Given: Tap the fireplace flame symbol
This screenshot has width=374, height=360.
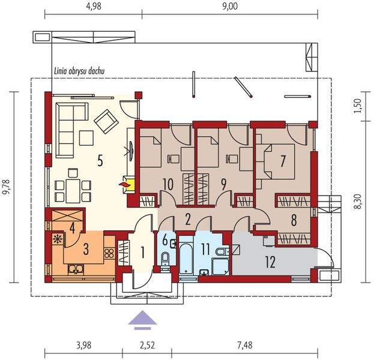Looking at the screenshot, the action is point(122,184).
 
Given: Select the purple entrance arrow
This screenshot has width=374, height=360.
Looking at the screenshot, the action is point(142,320).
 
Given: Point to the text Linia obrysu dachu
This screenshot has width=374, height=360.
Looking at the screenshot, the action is point(79,71).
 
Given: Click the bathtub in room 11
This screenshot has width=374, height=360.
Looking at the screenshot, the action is point(186,259).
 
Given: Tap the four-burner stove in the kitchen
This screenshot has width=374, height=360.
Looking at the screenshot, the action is point(109,253).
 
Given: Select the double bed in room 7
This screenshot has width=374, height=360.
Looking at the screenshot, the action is point(279,161).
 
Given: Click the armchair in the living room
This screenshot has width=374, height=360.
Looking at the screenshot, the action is point(106,121).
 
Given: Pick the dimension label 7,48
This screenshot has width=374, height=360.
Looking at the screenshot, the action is point(245,345).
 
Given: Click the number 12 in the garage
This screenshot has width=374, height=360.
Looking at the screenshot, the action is point(270,262).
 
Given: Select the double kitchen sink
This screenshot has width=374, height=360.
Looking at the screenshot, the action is point(76,269).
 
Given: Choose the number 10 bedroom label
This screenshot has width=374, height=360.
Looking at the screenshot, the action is point(168,184).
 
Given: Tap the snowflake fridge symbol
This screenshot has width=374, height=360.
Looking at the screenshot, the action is point(57,239).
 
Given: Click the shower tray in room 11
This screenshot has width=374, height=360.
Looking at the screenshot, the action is point(220,266).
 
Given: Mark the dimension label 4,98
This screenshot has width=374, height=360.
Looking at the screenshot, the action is point(93,7).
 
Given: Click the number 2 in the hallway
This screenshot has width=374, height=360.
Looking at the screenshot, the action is point(188,220).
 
